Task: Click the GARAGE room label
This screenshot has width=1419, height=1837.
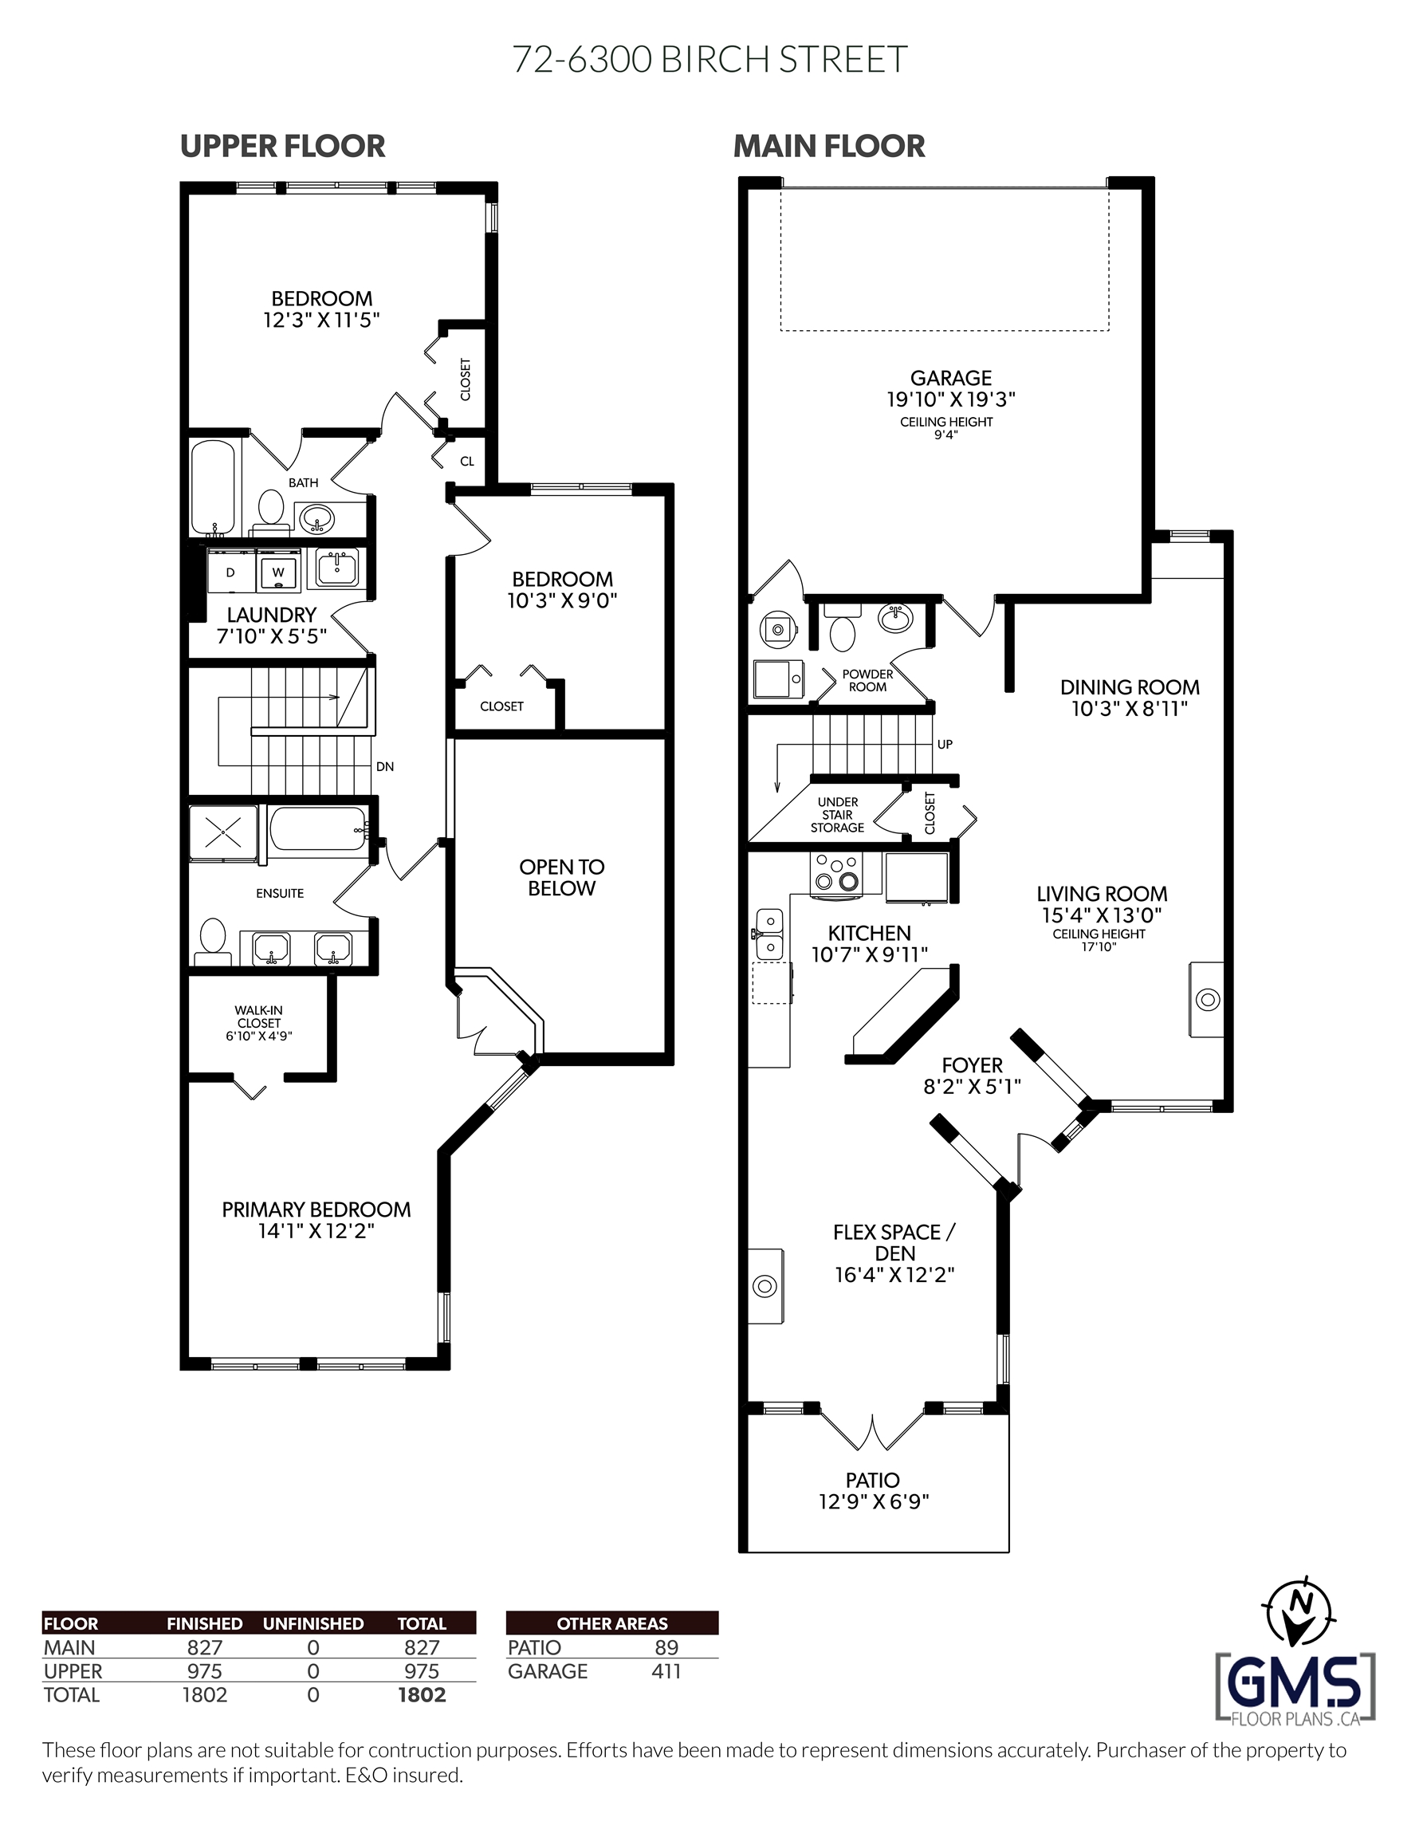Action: pos(951,378)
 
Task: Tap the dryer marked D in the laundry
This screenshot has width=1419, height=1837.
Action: pos(230,571)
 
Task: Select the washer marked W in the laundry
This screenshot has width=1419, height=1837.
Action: pos(278,571)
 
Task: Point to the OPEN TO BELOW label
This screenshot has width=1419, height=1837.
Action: pos(562,877)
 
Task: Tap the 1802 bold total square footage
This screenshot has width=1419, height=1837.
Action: pos(423,1696)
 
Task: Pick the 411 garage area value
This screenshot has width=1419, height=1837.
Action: pos(666,1671)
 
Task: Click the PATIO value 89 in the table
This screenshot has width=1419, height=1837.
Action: pos(666,1647)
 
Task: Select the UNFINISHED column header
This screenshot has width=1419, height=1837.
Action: pos(313,1623)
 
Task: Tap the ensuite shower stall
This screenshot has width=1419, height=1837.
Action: pos(223,832)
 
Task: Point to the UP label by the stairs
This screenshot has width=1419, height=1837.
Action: pos(945,745)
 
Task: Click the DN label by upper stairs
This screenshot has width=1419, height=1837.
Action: pos(384,766)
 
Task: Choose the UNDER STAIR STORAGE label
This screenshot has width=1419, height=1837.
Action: pos(838,814)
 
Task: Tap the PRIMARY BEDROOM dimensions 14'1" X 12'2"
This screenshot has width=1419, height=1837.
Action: pos(316,1231)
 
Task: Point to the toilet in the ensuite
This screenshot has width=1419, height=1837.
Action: pos(213,942)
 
